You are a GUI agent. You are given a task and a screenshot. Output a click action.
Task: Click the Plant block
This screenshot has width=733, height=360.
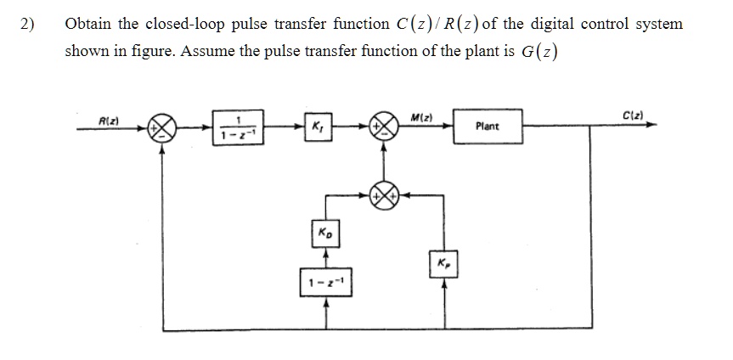[488, 126]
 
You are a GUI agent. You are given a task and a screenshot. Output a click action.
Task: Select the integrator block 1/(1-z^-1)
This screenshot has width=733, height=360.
[238, 127]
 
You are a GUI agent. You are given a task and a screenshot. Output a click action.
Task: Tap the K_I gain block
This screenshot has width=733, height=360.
[319, 127]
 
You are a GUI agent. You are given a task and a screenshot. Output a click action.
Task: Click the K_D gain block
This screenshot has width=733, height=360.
[325, 233]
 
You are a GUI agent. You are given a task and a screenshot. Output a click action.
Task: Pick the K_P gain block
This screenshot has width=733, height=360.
[443, 264]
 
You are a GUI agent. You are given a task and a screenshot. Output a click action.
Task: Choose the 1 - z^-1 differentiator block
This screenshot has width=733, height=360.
[326, 282]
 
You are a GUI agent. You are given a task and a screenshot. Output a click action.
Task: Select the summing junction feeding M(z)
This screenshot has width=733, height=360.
[384, 127]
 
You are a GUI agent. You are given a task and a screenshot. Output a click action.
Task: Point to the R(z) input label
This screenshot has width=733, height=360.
[109, 121]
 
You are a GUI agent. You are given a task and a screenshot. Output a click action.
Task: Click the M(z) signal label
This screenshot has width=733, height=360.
[421, 117]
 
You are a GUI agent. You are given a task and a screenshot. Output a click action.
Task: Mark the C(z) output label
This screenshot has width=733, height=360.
[634, 115]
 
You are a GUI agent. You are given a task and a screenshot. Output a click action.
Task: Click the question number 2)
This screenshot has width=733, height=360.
[27, 24]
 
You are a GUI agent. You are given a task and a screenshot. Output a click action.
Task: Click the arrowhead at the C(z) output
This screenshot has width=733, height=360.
[651, 125]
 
